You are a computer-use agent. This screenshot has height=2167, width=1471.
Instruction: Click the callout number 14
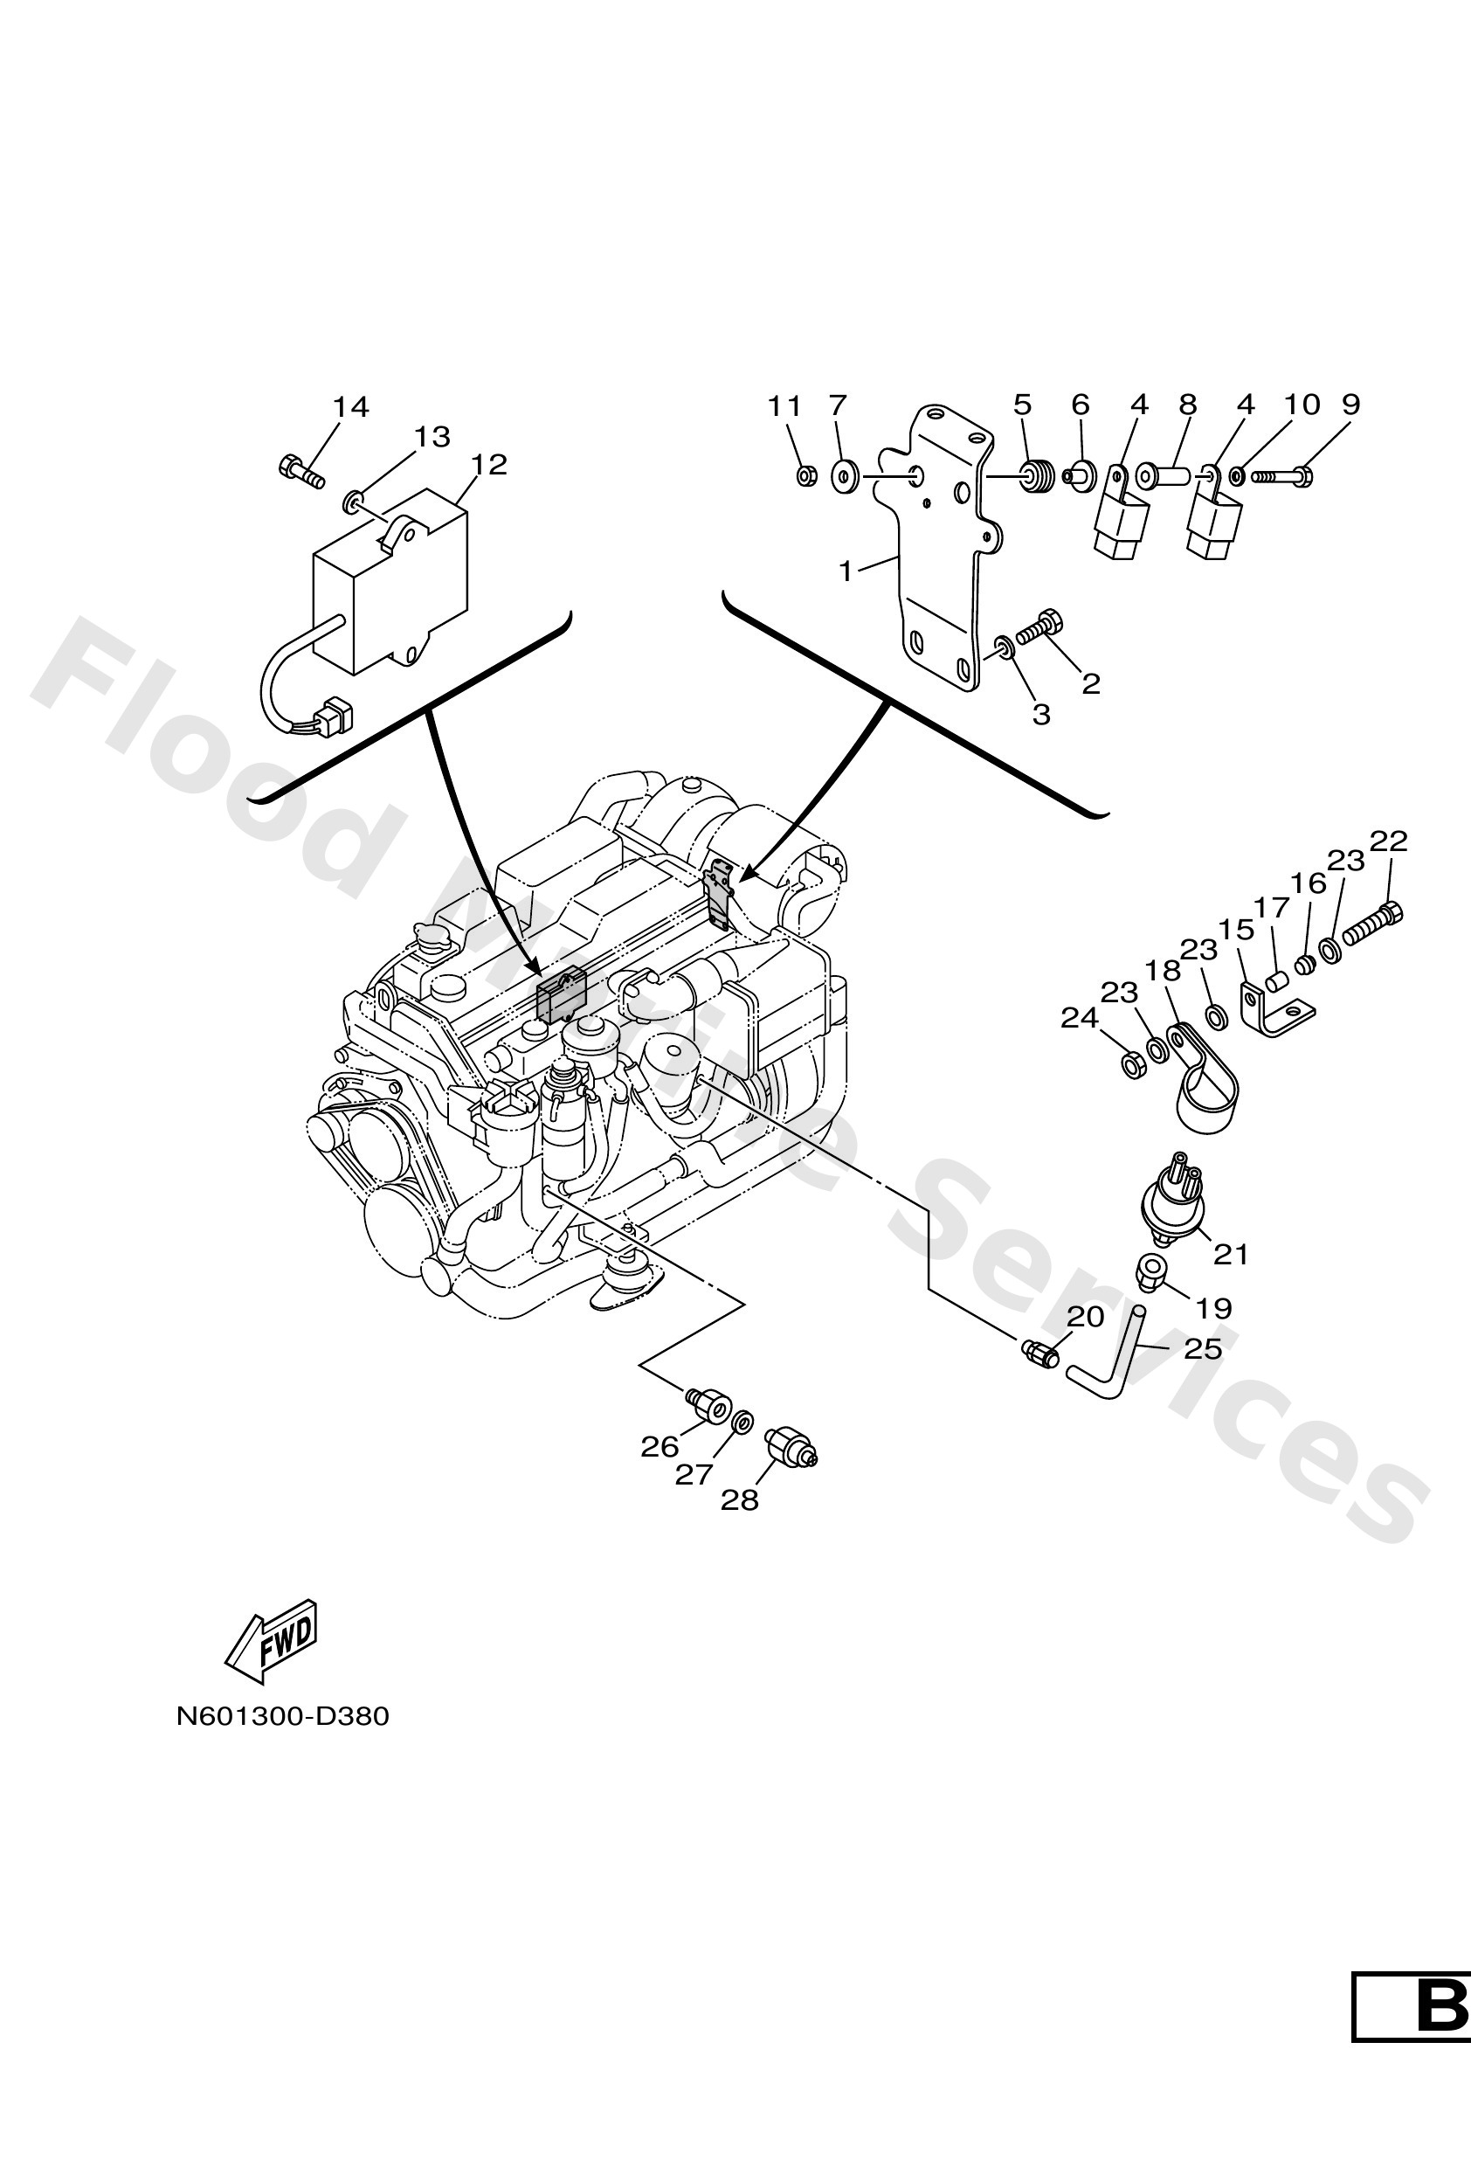350,407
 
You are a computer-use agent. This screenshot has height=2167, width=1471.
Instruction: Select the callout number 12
488,464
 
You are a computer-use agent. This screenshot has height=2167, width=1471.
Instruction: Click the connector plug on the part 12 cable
333,717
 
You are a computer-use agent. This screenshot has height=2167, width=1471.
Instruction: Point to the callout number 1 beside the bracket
846,571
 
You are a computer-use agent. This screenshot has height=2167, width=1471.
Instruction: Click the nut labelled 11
805,477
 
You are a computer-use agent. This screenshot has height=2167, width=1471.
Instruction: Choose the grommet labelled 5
1035,476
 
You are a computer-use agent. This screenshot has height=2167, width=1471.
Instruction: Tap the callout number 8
1187,405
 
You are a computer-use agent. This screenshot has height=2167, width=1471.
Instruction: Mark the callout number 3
1041,714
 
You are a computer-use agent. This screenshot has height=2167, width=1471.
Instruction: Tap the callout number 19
1213,1309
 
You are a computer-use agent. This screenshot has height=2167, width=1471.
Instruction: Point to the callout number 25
1202,1348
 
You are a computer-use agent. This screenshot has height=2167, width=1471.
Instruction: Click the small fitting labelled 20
1039,1352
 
